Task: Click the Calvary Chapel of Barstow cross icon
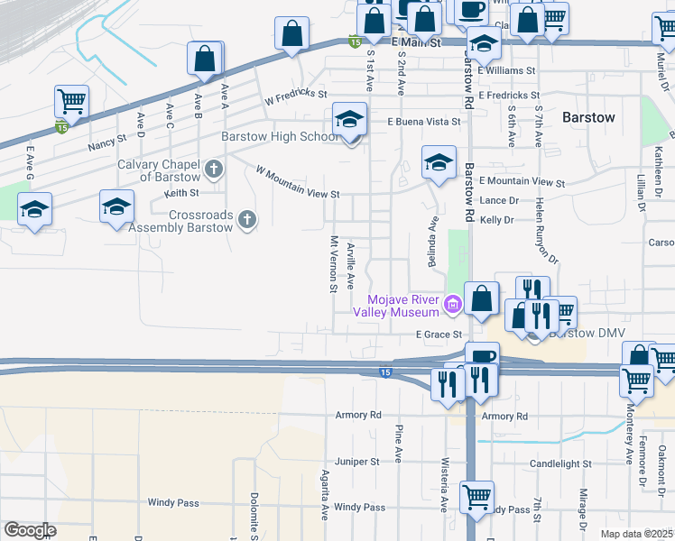214,168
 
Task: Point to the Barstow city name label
588,117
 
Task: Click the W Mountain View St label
297,181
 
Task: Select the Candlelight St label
560,463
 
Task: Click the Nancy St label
106,144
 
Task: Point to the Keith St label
180,192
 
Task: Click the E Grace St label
439,335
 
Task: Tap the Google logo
30,530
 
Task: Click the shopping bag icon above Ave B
205,60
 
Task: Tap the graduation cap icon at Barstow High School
349,118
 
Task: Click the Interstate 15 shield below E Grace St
385,371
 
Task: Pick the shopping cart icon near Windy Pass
476,496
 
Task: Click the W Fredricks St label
295,94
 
